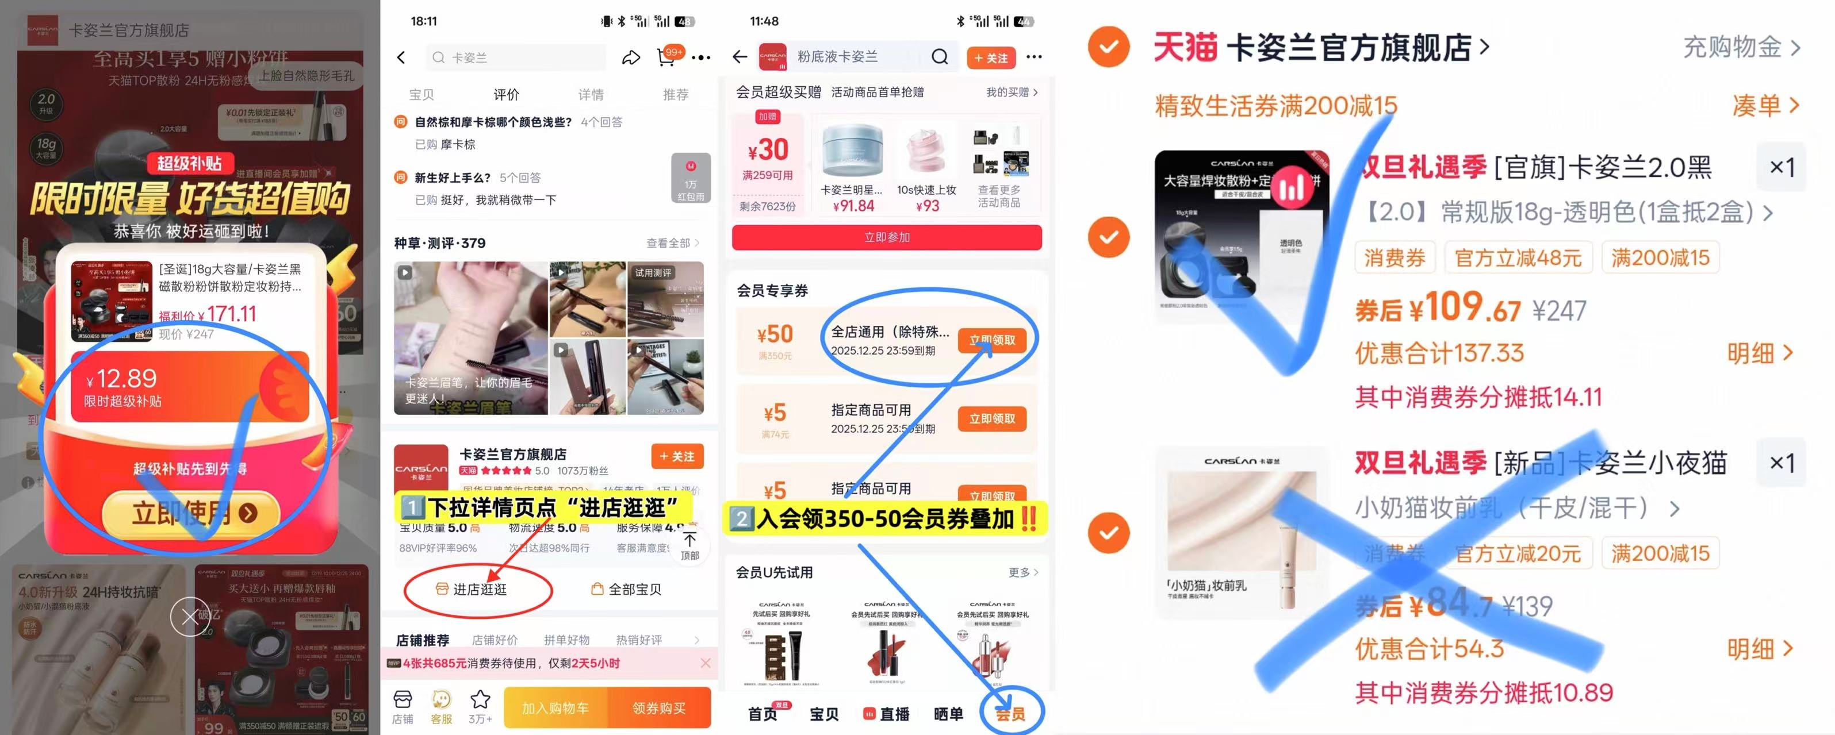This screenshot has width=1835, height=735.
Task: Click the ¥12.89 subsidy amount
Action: tap(121, 379)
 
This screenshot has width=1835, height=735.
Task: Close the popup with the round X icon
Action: tap(190, 616)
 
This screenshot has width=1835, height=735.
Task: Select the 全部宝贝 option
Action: tap(627, 589)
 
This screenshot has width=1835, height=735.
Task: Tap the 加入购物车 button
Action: tap(556, 708)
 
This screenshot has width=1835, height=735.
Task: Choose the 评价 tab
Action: tap(506, 95)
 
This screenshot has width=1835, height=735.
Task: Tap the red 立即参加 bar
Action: tap(886, 237)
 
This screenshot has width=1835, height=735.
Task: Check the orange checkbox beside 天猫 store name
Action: tap(1108, 47)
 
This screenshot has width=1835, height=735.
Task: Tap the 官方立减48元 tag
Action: tap(1518, 258)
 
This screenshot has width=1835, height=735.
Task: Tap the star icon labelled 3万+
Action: tap(480, 701)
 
